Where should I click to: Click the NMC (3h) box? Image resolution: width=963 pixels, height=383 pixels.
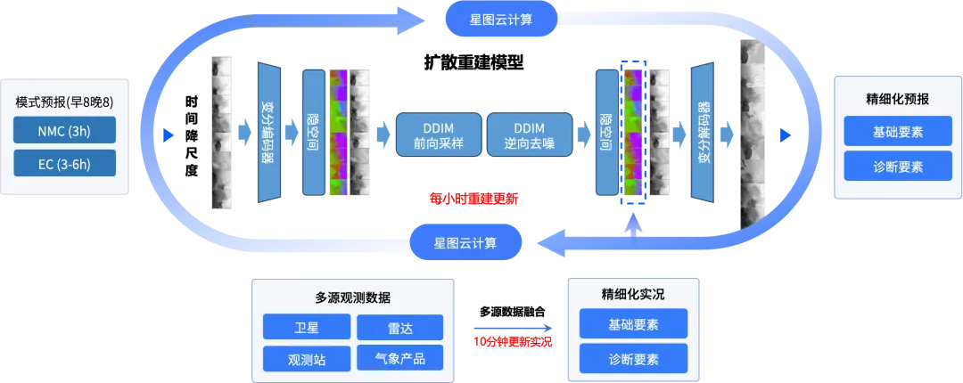click(64, 130)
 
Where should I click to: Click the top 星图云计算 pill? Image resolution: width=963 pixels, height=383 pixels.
click(501, 19)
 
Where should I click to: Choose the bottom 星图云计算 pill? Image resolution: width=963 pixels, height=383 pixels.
click(465, 241)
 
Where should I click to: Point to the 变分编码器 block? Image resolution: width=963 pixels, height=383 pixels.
click(267, 133)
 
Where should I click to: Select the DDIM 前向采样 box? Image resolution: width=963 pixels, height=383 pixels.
click(438, 134)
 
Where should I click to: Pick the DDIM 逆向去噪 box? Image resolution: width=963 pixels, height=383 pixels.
click(529, 134)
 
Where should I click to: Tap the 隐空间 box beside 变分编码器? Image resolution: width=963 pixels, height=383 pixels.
click(313, 133)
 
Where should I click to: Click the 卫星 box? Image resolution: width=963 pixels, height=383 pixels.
click(307, 327)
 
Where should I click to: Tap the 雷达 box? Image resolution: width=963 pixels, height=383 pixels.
click(399, 327)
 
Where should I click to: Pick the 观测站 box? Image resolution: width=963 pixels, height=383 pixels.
click(307, 359)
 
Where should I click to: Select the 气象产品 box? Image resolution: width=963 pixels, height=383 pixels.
click(399, 359)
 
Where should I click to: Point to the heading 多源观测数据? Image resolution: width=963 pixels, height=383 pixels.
click(352, 297)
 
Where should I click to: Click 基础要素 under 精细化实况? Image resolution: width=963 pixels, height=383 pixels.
click(633, 324)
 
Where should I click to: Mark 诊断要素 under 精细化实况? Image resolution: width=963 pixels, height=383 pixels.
click(633, 358)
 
